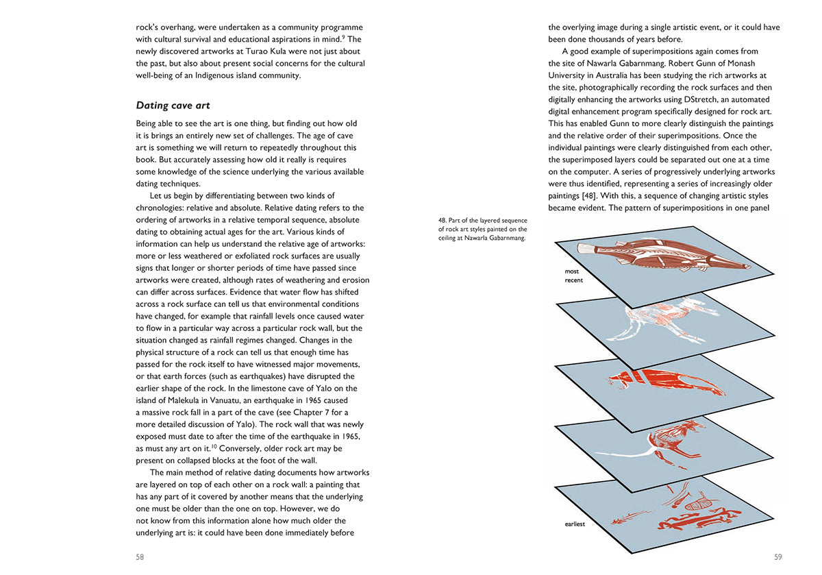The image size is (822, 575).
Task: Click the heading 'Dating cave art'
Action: tap(173, 106)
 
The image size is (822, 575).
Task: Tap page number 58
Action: tap(140, 557)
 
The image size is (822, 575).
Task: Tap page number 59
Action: tap(777, 557)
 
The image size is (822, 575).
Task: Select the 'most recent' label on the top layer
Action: tap(573, 276)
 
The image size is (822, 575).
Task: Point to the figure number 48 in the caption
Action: tap(442, 220)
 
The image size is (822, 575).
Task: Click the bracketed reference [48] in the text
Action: tap(592, 196)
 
